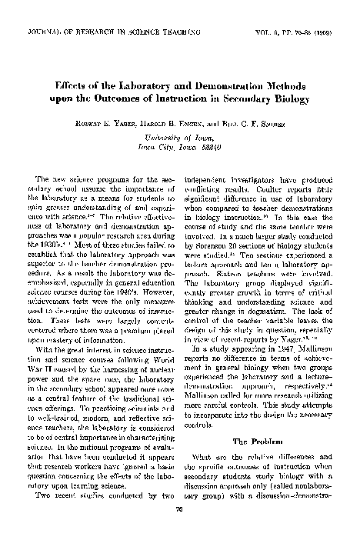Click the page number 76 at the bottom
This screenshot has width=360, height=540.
(x=179, y=528)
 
